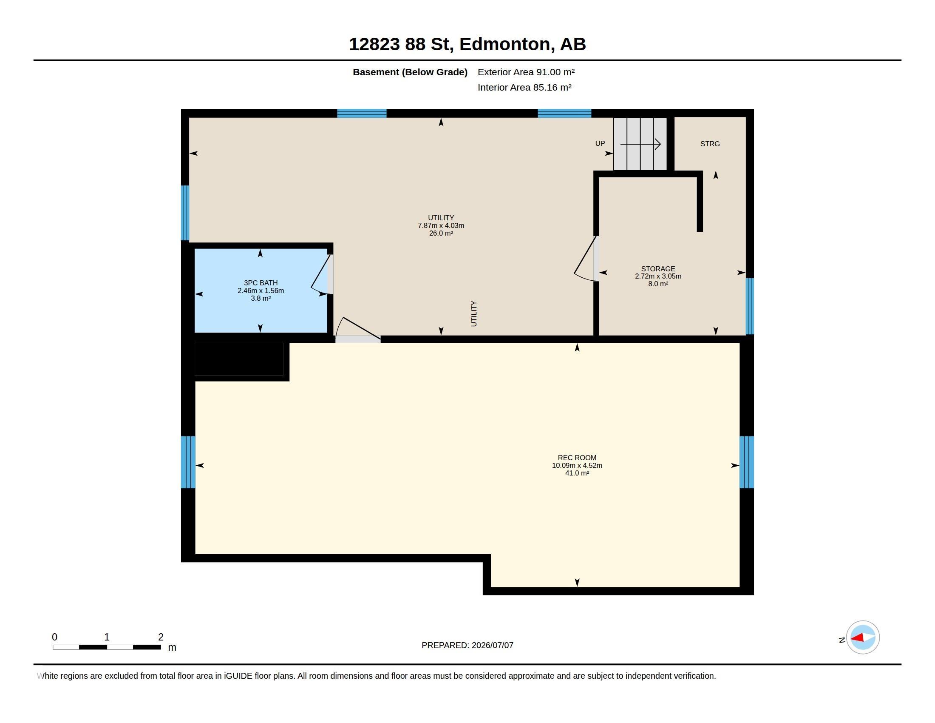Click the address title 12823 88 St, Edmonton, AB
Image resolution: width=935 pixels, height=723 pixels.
point(467,44)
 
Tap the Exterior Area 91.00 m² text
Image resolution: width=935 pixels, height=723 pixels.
point(526,72)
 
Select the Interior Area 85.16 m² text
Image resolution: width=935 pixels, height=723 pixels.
point(524,87)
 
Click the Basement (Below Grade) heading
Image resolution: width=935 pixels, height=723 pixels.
point(410,72)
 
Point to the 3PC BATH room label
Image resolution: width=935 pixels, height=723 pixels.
point(261,283)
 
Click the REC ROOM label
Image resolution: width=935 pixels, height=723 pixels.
point(577,458)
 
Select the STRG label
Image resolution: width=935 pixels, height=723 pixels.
point(710,144)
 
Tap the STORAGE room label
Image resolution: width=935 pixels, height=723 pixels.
point(658,269)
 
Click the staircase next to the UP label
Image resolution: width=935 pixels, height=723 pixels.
point(640,144)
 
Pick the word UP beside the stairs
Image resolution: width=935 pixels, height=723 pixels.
point(600,143)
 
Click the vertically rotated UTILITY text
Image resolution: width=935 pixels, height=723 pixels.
point(474,313)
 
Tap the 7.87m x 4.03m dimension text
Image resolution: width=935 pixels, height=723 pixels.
point(441,226)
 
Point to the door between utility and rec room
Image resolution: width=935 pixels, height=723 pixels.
point(357,330)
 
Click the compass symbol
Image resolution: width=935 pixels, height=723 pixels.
point(863,638)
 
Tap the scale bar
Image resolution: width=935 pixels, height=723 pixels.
point(107,647)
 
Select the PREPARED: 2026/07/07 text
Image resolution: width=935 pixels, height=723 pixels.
point(467,645)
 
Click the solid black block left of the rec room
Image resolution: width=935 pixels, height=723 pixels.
point(239,359)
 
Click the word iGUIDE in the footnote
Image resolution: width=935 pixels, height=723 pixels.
point(238,676)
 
